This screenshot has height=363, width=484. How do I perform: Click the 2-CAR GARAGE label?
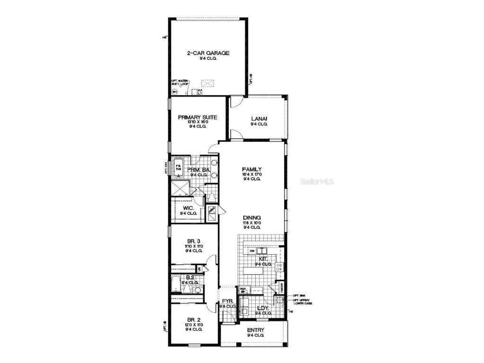click(208, 53)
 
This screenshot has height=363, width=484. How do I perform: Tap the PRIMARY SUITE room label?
click(198, 117)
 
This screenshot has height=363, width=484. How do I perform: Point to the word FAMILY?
click(252, 169)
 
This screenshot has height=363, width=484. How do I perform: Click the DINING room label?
click(252, 217)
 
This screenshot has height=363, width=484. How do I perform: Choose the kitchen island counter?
click(258, 271)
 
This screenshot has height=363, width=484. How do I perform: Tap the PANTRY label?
click(281, 287)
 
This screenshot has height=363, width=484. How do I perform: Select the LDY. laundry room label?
click(263, 308)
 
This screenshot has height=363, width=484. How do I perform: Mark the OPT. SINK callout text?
click(298, 294)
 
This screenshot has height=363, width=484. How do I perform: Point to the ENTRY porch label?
click(255, 330)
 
